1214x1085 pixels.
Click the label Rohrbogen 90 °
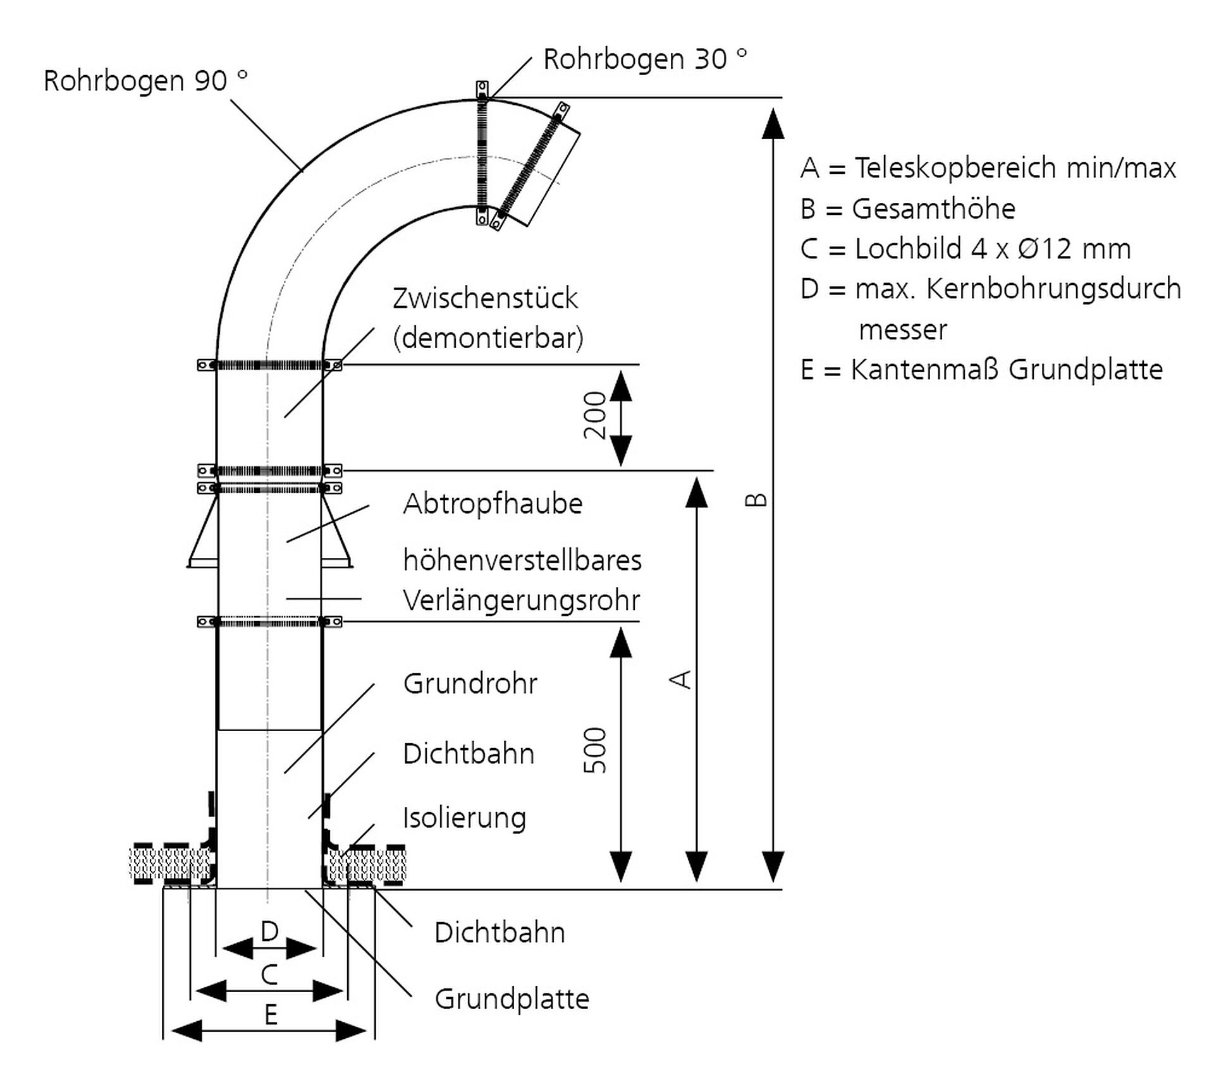(x=145, y=81)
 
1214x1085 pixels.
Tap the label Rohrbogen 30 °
(x=644, y=59)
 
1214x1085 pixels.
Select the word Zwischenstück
(x=485, y=298)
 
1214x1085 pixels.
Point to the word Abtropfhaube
(x=493, y=504)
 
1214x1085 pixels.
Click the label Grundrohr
(x=470, y=684)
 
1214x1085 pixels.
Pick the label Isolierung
(x=464, y=818)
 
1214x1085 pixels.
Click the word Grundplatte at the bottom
(x=512, y=999)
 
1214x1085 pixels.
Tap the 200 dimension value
(x=595, y=415)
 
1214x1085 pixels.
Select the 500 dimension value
(x=595, y=750)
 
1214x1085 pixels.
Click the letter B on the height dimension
(x=756, y=500)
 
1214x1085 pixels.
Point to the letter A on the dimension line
(x=681, y=679)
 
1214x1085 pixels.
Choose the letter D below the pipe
(x=269, y=931)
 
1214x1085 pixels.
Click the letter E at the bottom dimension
(x=271, y=1015)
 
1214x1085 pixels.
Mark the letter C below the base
(x=269, y=975)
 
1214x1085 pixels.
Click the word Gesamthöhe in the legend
(x=933, y=209)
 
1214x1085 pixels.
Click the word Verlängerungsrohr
(x=521, y=600)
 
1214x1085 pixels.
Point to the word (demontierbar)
(x=488, y=339)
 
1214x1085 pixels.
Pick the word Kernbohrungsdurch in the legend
(x=1053, y=289)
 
